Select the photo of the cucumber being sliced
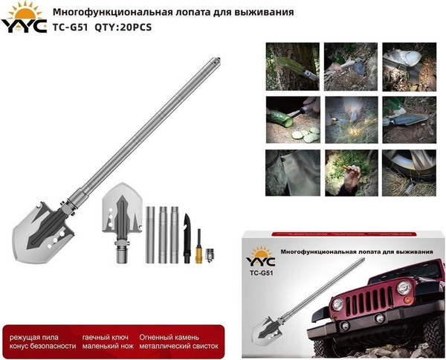click(292, 118)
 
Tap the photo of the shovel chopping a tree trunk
click(292, 62)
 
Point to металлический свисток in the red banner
click(182, 347)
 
